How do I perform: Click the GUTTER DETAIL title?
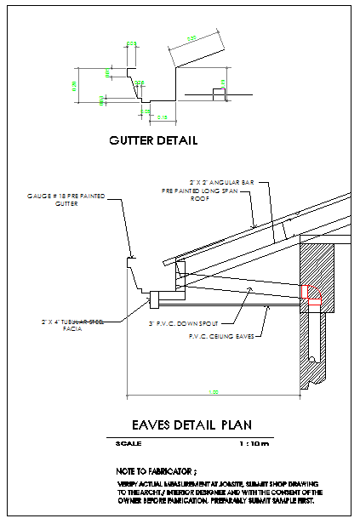coord(152,140)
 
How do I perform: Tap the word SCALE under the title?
coord(129,443)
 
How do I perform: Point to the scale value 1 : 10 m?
coord(253,443)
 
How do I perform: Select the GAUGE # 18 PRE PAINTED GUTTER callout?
coord(67,201)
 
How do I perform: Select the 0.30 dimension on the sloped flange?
coord(191,38)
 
